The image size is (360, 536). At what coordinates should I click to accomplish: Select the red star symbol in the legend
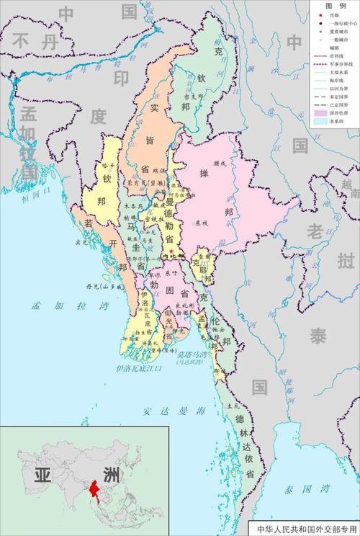point(320,13)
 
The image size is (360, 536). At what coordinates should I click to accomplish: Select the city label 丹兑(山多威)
point(101,286)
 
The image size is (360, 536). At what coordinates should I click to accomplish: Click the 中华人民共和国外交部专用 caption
point(306,529)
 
